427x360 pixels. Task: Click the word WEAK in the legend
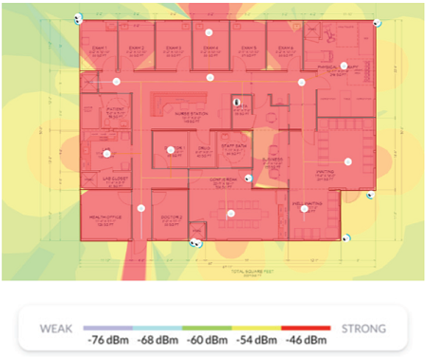point(57,329)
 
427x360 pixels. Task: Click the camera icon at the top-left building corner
point(78,18)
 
